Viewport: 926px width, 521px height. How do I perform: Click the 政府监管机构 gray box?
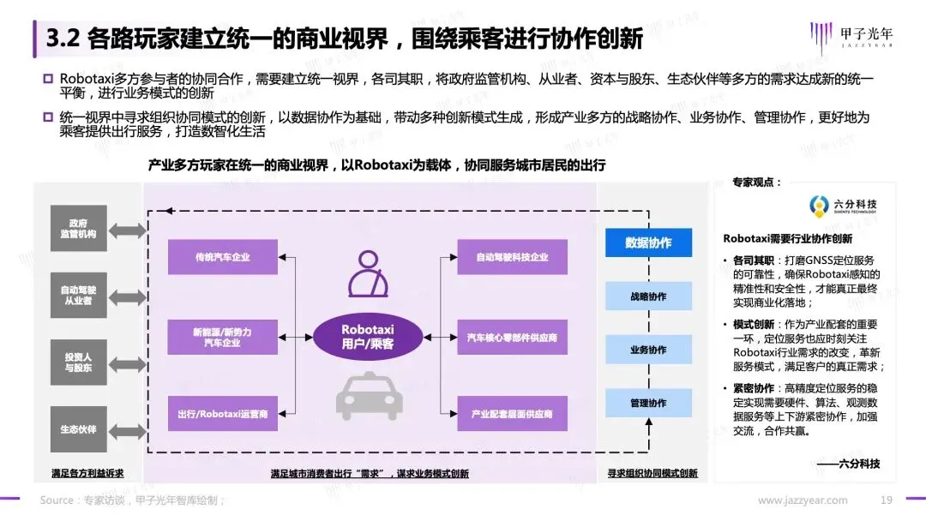tap(78, 227)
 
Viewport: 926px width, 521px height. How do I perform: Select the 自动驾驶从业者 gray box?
tap(78, 296)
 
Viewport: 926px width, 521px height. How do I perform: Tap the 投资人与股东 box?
tap(78, 361)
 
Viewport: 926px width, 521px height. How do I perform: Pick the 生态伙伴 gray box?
tap(78, 428)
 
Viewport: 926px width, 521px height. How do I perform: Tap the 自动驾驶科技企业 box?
tap(512, 257)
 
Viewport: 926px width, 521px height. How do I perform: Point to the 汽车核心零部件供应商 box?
tap(512, 338)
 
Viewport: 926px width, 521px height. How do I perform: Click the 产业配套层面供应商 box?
tap(512, 415)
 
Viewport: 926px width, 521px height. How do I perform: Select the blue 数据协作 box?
tap(648, 243)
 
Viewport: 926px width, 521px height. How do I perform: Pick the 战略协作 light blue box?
tap(648, 296)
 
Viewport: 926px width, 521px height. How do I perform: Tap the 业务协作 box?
tap(648, 350)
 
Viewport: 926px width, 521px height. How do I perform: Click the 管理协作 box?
tap(648, 403)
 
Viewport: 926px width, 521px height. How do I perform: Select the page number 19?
tap(887, 500)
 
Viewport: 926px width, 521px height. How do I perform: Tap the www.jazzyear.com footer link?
tap(802, 500)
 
